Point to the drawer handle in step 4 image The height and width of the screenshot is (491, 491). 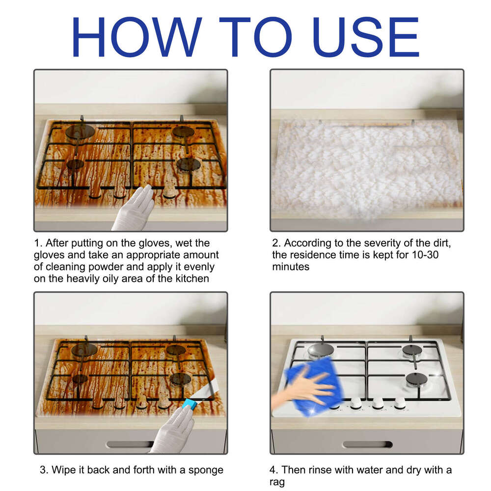367,444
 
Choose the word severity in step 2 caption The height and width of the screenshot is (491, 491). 382,243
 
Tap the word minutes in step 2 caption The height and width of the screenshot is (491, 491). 291,267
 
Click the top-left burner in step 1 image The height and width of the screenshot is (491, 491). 80,131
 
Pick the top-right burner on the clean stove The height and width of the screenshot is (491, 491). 411,350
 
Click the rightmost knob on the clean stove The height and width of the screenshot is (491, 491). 400,403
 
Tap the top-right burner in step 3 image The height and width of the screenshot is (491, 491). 175,350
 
